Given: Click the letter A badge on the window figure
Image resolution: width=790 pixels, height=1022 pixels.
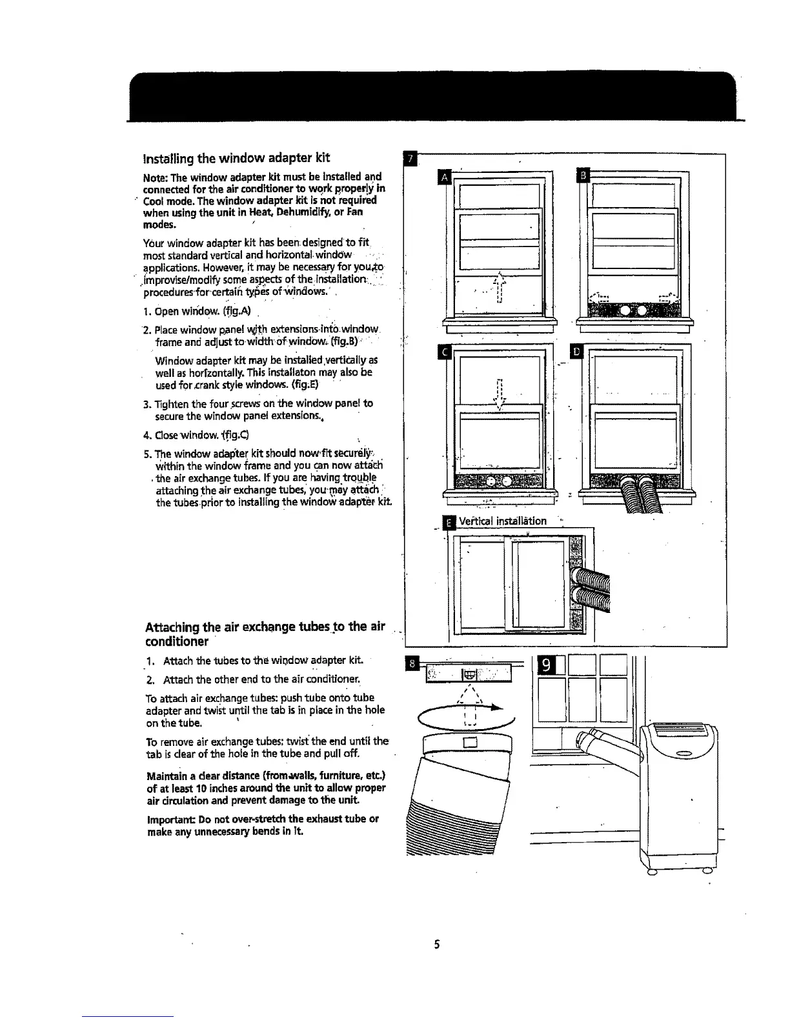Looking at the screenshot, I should [443, 177].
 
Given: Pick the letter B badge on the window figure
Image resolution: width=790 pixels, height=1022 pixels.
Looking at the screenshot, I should [581, 177].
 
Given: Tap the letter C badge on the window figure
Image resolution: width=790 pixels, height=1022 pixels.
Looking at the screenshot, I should [443, 352].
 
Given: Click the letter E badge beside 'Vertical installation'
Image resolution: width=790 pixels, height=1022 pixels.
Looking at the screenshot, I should [448, 521].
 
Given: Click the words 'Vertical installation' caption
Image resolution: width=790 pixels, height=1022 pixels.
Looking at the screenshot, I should [503, 521].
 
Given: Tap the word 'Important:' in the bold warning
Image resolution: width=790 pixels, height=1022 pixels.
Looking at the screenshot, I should [170, 819].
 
